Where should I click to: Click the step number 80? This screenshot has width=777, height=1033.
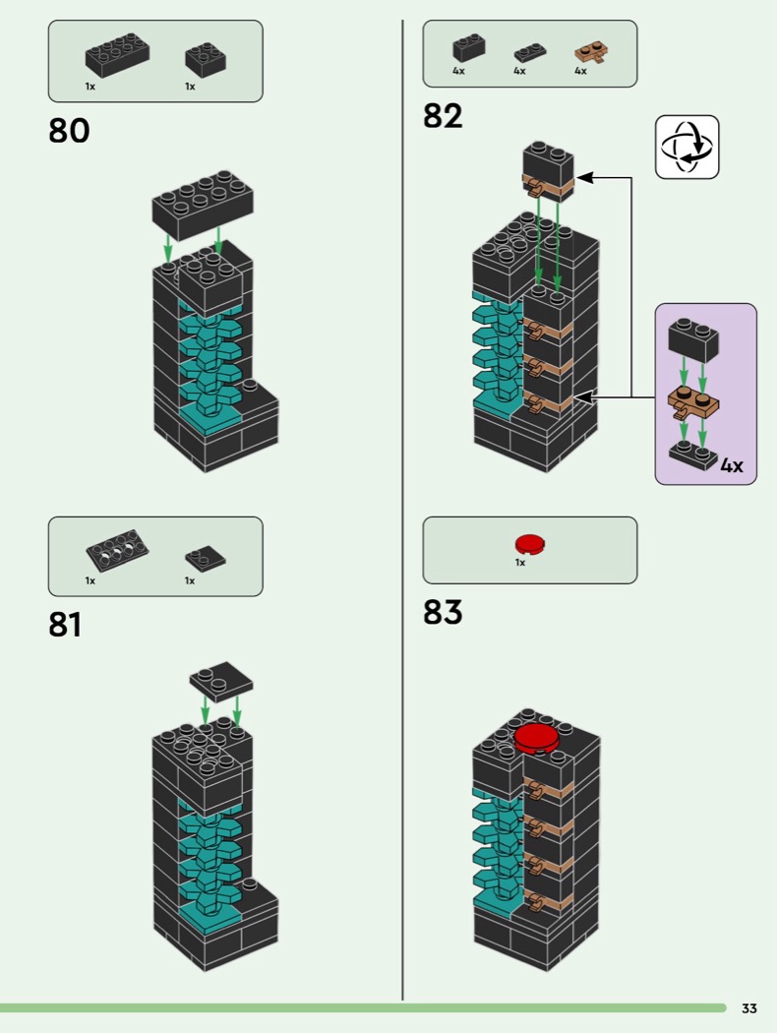69,131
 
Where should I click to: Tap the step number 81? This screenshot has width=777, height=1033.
65,625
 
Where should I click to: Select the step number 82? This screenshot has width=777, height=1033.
443,116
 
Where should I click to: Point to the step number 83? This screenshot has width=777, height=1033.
443,612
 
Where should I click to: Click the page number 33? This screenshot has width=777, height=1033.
748,1008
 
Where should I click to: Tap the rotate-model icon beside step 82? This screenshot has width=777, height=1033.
687,148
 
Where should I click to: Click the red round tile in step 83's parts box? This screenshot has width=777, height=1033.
529,543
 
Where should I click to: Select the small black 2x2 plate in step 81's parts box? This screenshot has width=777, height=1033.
205,557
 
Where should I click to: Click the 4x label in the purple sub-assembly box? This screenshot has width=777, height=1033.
731,465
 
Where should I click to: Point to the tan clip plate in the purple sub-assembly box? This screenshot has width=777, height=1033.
693,401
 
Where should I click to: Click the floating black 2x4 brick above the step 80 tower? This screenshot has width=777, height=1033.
203,205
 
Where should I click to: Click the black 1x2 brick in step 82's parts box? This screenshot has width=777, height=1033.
468,47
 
